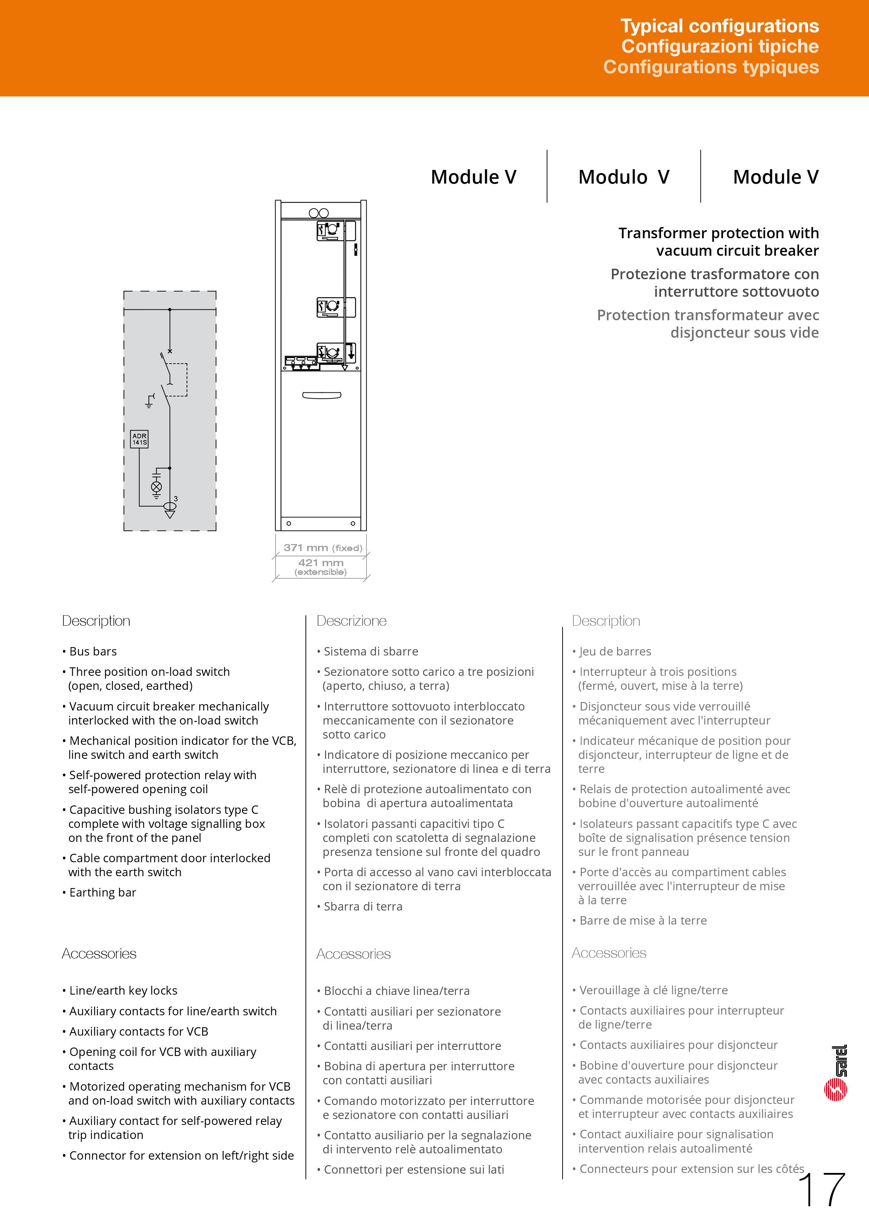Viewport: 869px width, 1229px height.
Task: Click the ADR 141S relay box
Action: click(139, 439)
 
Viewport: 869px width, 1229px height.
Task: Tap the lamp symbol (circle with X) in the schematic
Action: click(156, 487)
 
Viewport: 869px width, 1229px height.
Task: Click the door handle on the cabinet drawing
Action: click(322, 396)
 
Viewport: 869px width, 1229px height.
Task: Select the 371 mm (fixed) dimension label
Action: click(323, 548)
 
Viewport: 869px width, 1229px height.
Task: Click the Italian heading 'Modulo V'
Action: click(623, 177)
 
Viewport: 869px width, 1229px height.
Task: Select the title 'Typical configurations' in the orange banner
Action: click(719, 26)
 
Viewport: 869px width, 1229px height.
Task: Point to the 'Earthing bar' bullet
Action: click(102, 892)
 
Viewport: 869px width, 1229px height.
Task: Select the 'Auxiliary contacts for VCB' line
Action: click(138, 1031)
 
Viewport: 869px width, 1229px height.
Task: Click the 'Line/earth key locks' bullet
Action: click(123, 991)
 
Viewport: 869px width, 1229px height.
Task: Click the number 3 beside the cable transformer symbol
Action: click(175, 499)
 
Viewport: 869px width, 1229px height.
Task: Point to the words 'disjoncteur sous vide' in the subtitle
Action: click(744, 332)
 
